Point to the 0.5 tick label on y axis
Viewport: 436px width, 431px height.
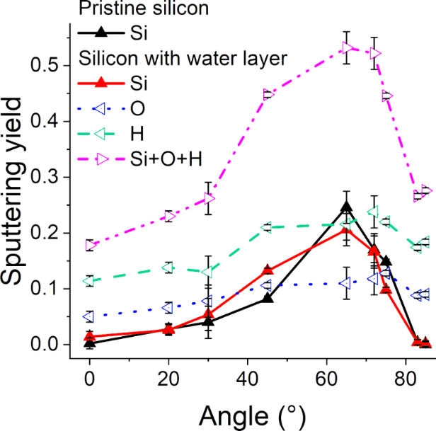(x=50, y=65)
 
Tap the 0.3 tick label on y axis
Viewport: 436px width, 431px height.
(x=50, y=177)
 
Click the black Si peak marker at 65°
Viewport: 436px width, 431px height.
(x=346, y=207)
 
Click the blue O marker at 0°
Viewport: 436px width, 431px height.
(x=90, y=316)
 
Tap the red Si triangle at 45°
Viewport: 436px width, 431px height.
(x=268, y=270)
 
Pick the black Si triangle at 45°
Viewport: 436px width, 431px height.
(x=268, y=298)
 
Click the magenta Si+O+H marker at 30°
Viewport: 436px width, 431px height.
(x=208, y=198)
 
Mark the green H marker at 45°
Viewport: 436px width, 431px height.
(x=268, y=227)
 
